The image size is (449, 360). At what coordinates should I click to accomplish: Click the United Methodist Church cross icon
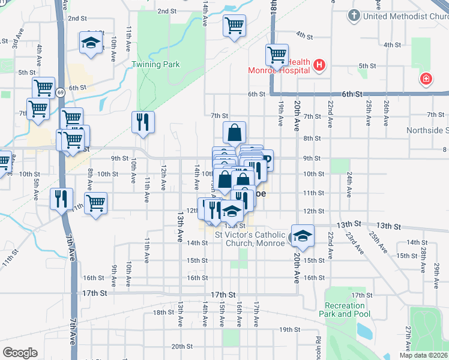(x=354, y=15)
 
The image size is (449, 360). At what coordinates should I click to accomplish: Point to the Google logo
(x=20, y=352)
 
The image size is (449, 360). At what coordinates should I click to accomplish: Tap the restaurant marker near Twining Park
(x=143, y=122)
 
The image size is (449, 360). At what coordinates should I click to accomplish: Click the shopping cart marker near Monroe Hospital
(x=277, y=55)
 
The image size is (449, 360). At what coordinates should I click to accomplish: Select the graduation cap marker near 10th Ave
(x=91, y=43)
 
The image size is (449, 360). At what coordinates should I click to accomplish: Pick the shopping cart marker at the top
(x=234, y=26)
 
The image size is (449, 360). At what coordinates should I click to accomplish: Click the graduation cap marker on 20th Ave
(x=303, y=235)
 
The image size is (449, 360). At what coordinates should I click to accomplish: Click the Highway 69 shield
(x=61, y=92)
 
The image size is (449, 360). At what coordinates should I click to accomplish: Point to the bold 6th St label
(x=352, y=94)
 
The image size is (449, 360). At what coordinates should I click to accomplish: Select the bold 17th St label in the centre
(x=223, y=294)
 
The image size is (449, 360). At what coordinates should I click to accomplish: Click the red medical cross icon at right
(x=426, y=79)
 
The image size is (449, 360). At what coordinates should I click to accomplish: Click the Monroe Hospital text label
(x=279, y=70)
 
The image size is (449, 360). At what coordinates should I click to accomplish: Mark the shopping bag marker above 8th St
(x=234, y=133)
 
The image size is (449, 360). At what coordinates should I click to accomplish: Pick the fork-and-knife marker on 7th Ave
(x=61, y=199)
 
